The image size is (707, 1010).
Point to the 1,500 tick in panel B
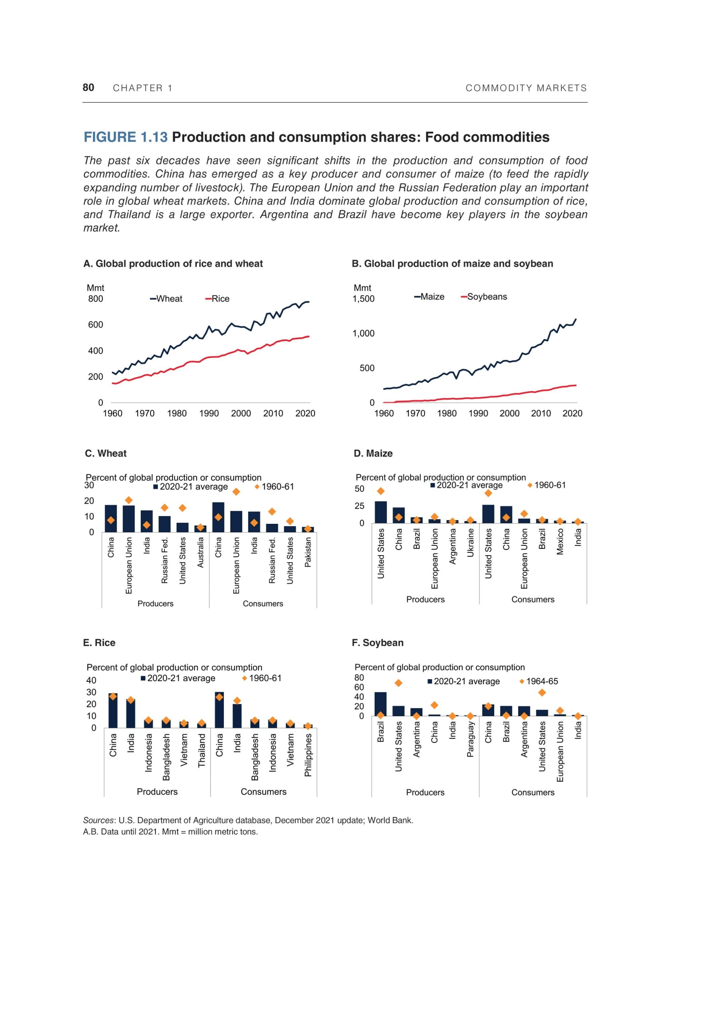(363, 299)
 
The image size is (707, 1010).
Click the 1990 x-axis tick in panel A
(209, 413)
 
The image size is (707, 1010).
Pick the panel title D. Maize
(373, 453)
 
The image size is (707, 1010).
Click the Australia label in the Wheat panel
(201, 552)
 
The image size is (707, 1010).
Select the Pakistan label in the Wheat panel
(308, 552)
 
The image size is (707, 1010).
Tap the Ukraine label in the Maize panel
(471, 542)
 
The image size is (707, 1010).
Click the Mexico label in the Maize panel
(560, 541)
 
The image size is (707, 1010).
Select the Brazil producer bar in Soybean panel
(380, 704)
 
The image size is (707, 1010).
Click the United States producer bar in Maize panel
(380, 512)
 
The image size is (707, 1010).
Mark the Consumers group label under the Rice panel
(264, 792)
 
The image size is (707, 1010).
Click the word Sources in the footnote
(99, 820)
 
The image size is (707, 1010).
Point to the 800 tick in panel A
(96, 299)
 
